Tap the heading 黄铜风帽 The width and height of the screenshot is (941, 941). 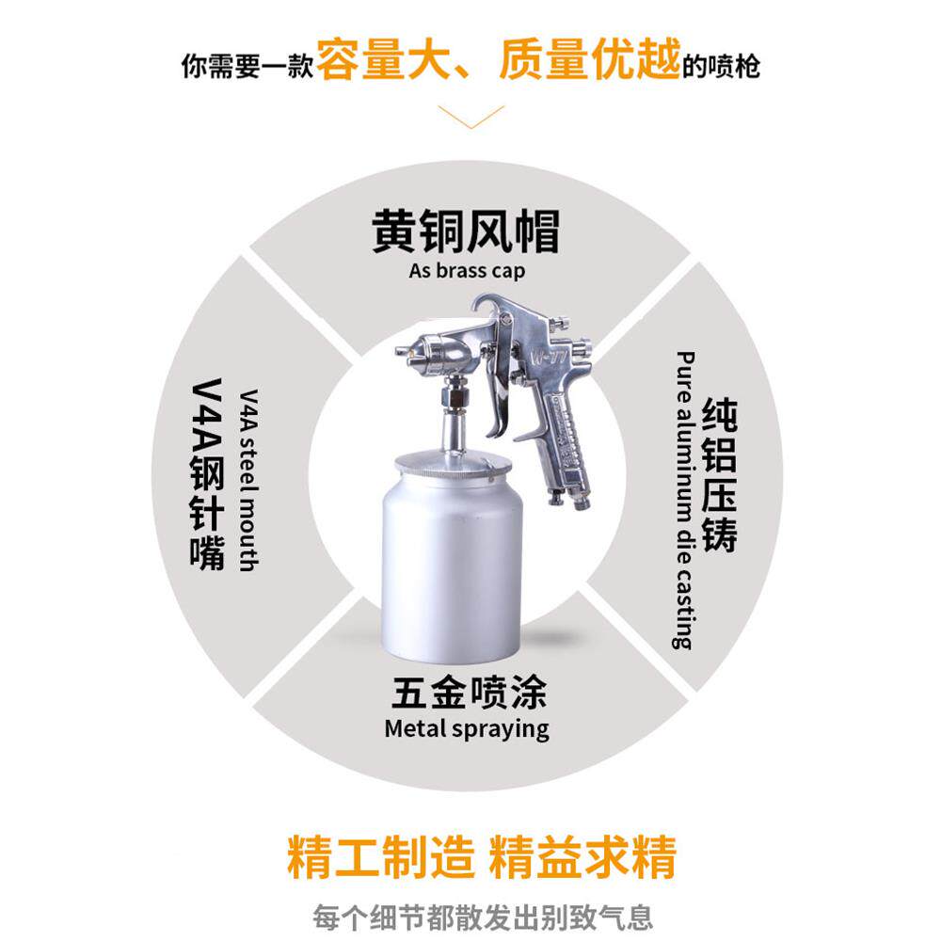466,231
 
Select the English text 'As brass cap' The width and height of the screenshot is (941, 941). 467,271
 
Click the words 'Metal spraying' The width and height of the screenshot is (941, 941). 467,728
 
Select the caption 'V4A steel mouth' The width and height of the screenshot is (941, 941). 247,480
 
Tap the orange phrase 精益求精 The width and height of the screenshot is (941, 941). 582,856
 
